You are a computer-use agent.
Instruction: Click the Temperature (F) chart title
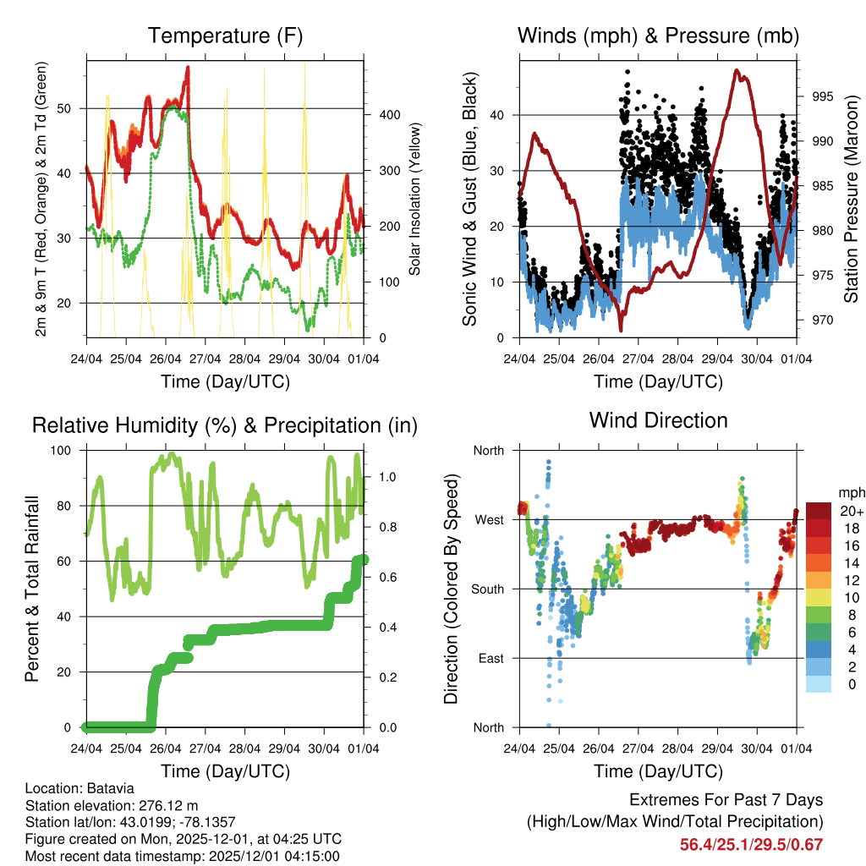tap(225, 36)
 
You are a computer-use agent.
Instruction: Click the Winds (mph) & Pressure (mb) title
tap(658, 36)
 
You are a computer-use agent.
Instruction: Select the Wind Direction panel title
tap(658, 419)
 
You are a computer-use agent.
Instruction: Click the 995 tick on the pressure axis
tap(819, 96)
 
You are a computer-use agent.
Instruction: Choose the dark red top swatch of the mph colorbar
tap(819, 510)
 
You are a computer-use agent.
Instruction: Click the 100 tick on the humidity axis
tap(68, 450)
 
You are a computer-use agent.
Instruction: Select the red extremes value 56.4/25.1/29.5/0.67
tap(751, 844)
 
